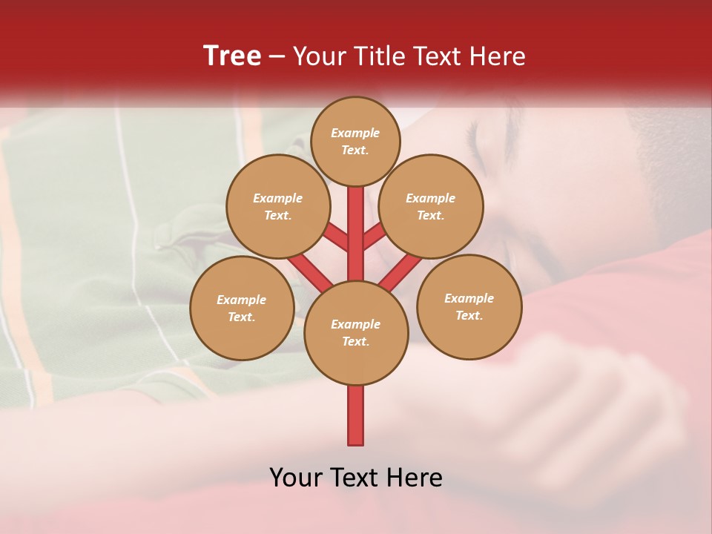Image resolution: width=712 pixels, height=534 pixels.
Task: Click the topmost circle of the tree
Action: coord(355,141)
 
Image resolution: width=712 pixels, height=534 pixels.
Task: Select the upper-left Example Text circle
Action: coord(277,206)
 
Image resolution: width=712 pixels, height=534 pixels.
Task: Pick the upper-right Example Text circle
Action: coord(430,206)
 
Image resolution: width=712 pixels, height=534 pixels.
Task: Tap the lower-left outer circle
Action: coord(242,308)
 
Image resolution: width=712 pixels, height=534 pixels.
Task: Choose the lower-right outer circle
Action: coord(469,306)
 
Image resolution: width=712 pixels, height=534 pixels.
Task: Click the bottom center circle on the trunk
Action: coord(356,332)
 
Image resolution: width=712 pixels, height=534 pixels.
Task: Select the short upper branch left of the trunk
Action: coord(337,238)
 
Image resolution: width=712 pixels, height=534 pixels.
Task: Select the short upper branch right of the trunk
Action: coord(374,237)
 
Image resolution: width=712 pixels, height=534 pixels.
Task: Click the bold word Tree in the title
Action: coord(232,56)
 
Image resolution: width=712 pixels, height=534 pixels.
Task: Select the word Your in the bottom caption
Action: coord(296,478)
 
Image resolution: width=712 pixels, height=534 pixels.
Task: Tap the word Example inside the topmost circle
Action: coord(355,133)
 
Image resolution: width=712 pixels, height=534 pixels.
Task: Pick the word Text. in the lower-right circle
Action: coord(469,315)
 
